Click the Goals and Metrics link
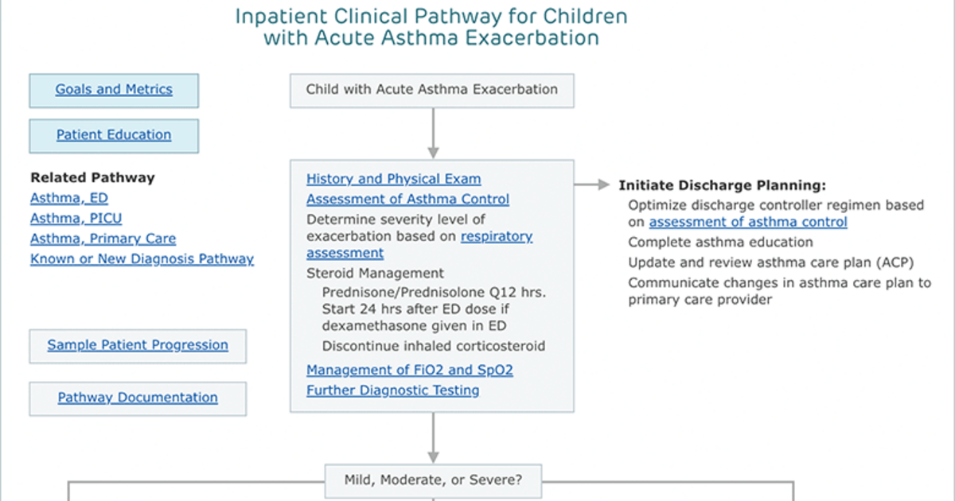click(114, 89)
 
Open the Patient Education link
click(114, 134)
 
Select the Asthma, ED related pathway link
click(69, 198)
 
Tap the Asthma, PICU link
click(76, 218)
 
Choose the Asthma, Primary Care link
click(103, 239)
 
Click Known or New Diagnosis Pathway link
click(142, 258)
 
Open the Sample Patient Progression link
click(138, 344)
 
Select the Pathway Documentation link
click(138, 398)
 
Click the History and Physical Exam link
click(393, 179)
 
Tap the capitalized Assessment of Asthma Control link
click(407, 199)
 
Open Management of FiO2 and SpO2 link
click(410, 370)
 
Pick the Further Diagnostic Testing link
click(392, 390)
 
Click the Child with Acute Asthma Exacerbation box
click(432, 91)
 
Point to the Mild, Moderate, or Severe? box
click(433, 481)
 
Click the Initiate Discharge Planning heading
click(723, 185)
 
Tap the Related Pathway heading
click(92, 177)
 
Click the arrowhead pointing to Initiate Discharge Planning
click(604, 184)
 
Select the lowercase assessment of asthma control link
click(748, 222)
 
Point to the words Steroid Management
click(375, 273)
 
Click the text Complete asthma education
click(720, 242)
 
